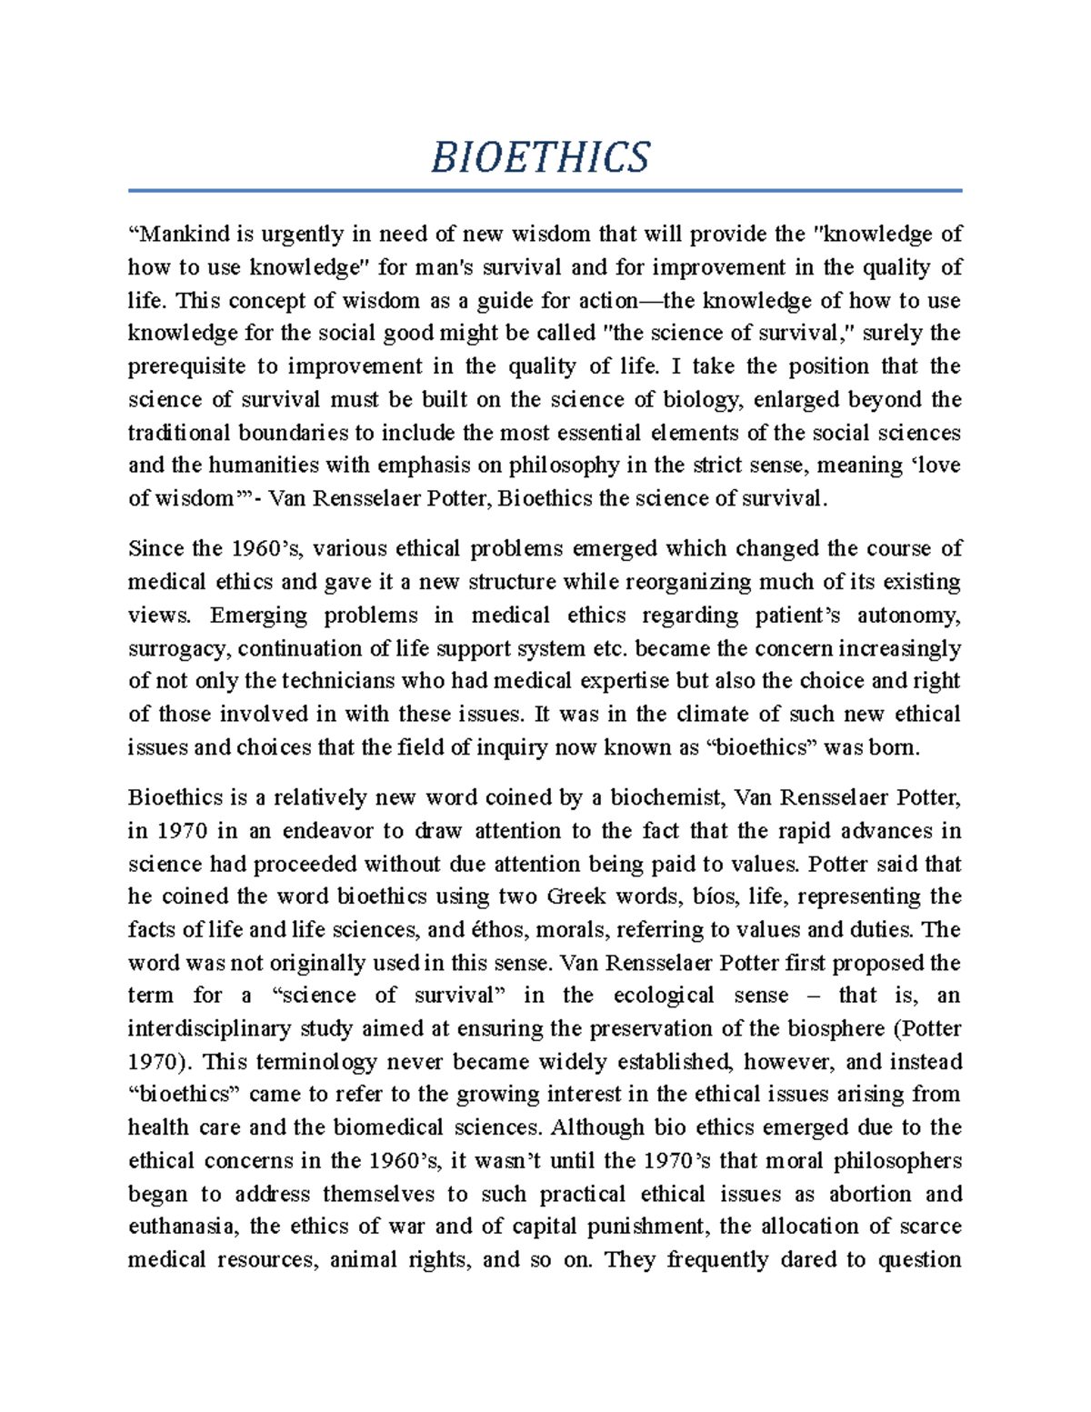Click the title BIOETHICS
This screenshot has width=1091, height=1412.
[540, 157]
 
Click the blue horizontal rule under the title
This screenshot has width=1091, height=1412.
[545, 191]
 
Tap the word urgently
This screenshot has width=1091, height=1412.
[304, 235]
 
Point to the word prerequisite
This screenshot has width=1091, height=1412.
[186, 366]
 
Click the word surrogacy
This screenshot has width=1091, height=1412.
[180, 648]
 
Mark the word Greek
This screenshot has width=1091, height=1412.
[576, 896]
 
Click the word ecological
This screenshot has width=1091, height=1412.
[664, 996]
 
